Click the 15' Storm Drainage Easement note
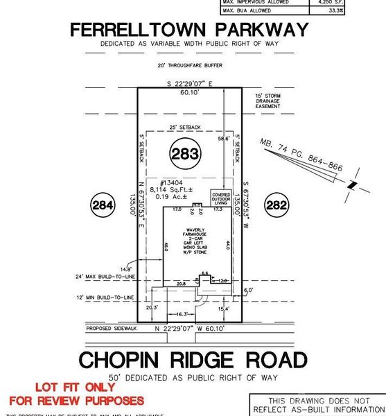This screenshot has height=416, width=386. [x=267, y=101]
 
